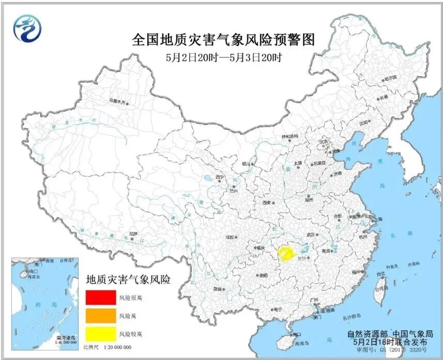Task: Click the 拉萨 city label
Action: point(134,234)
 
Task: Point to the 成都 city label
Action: point(230,238)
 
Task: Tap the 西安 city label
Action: point(267,203)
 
